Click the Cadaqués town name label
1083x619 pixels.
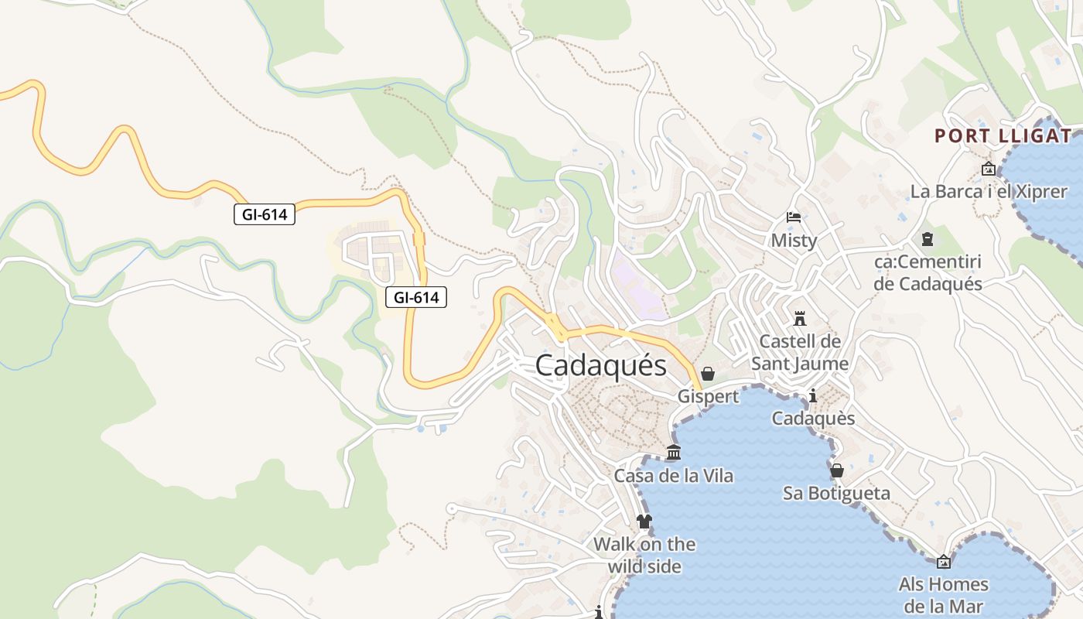point(600,365)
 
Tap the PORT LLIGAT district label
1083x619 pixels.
point(1003,136)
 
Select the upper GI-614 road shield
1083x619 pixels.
point(265,214)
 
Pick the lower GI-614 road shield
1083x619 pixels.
point(416,296)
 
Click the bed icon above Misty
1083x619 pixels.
point(794,217)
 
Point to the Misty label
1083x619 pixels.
point(794,241)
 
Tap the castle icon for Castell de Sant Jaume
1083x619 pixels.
point(800,318)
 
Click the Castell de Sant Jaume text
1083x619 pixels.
point(800,352)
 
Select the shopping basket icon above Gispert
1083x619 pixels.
point(707,374)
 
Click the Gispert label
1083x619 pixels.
point(708,397)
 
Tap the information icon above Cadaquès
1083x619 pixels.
point(812,396)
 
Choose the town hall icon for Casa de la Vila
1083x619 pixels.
point(674,453)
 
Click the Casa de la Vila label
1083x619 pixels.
point(674,476)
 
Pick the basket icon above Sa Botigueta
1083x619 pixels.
point(836,470)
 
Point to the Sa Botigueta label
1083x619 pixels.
point(836,494)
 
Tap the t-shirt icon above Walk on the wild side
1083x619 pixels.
point(644,522)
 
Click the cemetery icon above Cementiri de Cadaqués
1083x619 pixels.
point(928,239)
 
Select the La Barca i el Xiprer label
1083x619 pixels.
point(989,192)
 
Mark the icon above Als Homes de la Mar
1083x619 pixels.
point(943,562)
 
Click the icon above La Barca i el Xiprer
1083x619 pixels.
point(988,169)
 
